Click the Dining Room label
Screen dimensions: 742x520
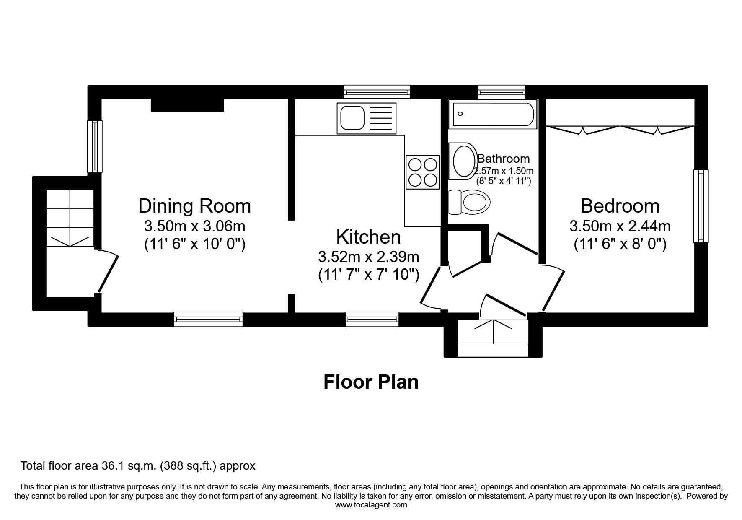(194, 206)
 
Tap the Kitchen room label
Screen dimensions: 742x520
(368, 237)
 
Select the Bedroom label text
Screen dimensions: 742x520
(620, 206)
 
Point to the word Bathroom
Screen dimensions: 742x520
(503, 159)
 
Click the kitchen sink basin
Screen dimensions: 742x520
(352, 117)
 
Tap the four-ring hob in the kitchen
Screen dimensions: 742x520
(422, 172)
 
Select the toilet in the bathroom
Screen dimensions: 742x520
(469, 202)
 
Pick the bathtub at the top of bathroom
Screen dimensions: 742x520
(493, 114)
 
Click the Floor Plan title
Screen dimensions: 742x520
(371, 382)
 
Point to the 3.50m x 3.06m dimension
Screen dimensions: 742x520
(194, 226)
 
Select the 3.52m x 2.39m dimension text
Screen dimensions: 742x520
(369, 256)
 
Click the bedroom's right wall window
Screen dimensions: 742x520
(701, 206)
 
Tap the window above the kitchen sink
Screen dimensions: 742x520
(376, 92)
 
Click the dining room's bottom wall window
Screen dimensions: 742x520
(208, 320)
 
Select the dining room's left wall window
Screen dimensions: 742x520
(95, 146)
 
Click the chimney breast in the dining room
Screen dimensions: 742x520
(187, 105)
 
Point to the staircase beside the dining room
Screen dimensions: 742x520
(70, 218)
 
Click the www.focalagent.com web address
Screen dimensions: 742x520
(371, 505)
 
